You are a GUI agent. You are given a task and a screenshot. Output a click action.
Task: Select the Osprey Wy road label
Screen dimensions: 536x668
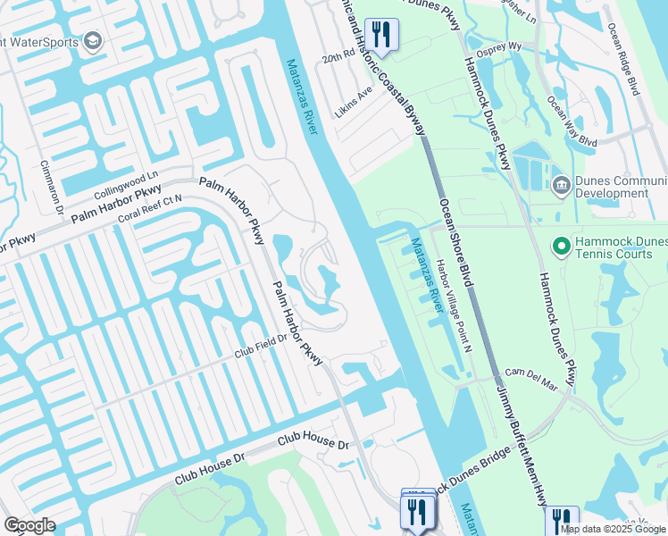pos(503,46)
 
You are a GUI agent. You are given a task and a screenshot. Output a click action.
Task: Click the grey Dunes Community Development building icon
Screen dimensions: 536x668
pos(561,185)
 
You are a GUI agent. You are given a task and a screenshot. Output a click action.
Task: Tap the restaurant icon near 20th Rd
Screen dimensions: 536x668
pos(381,34)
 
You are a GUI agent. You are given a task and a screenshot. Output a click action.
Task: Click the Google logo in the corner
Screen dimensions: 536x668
pos(29,525)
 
